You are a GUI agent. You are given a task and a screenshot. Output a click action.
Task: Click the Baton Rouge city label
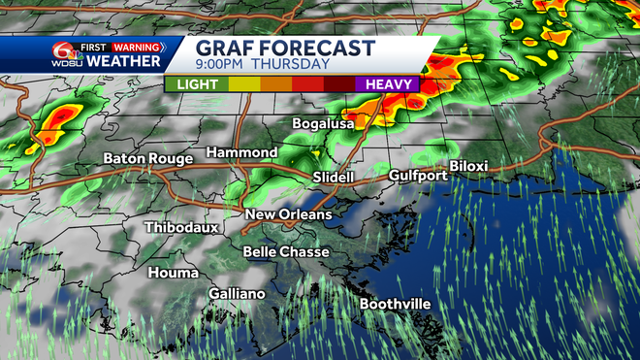(x=148, y=159)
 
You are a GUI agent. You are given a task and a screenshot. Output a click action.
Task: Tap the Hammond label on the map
(x=241, y=153)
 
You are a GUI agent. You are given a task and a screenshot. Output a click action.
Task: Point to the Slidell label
(x=336, y=178)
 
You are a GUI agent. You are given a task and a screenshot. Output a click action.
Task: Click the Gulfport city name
(x=418, y=176)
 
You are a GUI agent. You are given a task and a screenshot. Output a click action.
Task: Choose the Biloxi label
(x=468, y=166)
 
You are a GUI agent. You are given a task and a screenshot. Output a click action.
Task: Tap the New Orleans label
(x=288, y=214)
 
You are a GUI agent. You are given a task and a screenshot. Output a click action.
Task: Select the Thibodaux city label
(x=181, y=227)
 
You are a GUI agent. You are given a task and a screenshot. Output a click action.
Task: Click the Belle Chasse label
(x=286, y=252)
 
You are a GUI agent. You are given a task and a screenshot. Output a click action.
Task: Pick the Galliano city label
(x=237, y=294)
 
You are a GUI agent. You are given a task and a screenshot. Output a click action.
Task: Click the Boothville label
(x=396, y=305)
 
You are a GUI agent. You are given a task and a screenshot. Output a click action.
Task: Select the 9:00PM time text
(x=223, y=66)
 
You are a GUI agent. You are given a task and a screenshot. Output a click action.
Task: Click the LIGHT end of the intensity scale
(x=197, y=84)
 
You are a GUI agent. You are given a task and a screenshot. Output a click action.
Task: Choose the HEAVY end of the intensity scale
(x=392, y=84)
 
